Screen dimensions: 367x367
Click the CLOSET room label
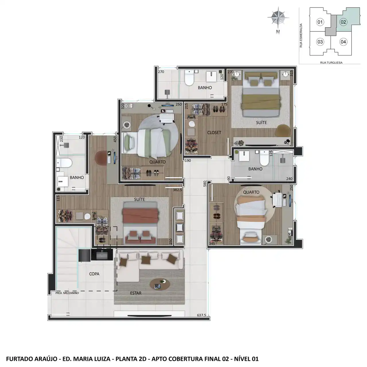214,132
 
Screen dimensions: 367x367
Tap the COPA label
94,274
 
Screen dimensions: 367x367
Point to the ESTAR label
136,293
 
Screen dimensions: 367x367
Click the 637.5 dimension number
202,315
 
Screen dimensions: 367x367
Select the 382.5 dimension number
177,190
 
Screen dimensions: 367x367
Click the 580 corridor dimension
205,184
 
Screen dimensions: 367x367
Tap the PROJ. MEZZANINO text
67,293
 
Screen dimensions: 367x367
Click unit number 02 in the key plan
343,22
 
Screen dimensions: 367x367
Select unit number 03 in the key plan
320,42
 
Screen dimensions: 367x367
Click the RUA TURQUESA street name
331,63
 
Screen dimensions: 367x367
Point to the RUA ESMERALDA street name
301,36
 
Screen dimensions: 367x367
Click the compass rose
278,17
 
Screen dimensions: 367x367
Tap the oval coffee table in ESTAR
160,285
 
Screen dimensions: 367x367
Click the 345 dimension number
212,244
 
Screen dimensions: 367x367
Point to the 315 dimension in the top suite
291,73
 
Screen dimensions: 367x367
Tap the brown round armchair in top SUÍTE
284,130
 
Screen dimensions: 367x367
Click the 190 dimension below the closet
188,161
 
